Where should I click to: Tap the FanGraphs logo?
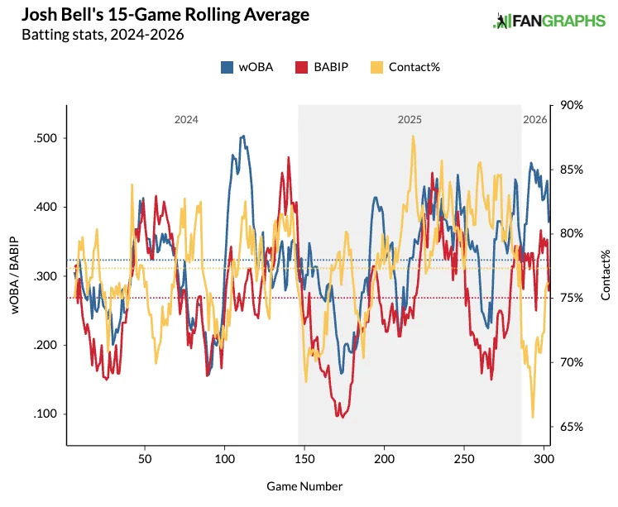click(x=549, y=22)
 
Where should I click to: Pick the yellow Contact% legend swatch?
click(x=377, y=67)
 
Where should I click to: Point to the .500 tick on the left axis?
click(x=46, y=138)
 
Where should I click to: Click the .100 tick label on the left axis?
click(x=46, y=414)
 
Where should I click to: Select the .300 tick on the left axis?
click(x=46, y=276)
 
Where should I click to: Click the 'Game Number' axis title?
click(x=306, y=486)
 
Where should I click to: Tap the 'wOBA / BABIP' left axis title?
click(x=15, y=276)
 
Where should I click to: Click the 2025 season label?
click(x=410, y=120)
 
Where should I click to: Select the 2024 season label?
click(x=185, y=120)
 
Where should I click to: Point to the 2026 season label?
click(x=534, y=120)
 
